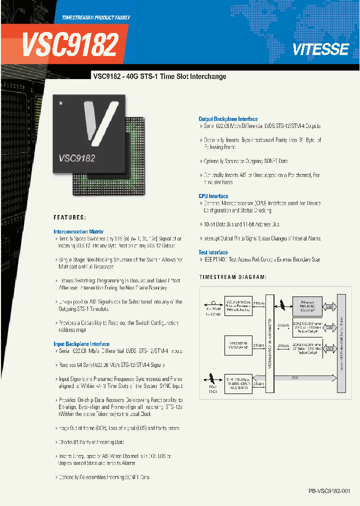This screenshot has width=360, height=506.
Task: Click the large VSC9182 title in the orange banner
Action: coord(70,45)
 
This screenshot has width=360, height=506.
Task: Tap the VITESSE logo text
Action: coord(320,49)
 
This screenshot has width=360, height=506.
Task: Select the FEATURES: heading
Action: coord(69,217)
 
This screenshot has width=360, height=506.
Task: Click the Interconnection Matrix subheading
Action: coord(78,231)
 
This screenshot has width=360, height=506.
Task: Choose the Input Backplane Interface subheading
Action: coord(81,344)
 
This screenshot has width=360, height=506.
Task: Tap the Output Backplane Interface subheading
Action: coord(228,119)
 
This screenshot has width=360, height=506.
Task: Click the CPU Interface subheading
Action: coord(213,196)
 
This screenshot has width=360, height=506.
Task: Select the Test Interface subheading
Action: coord(213,252)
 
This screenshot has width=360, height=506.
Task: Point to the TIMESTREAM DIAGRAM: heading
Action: coord(232,276)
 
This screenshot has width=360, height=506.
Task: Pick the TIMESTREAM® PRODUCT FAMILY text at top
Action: coord(96,17)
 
